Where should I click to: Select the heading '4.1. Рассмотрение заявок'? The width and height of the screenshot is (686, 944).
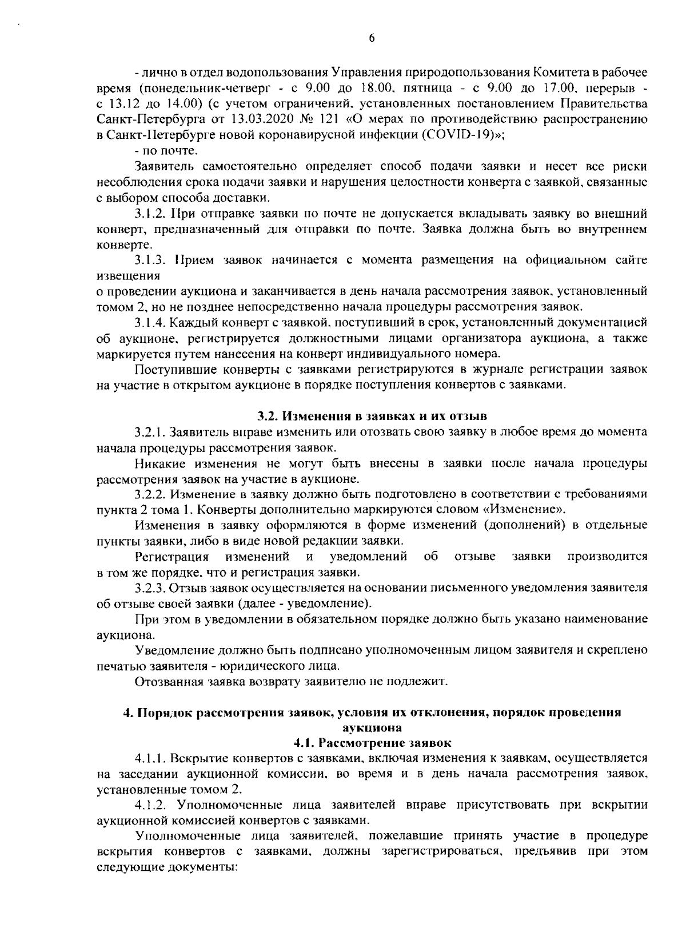372,743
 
